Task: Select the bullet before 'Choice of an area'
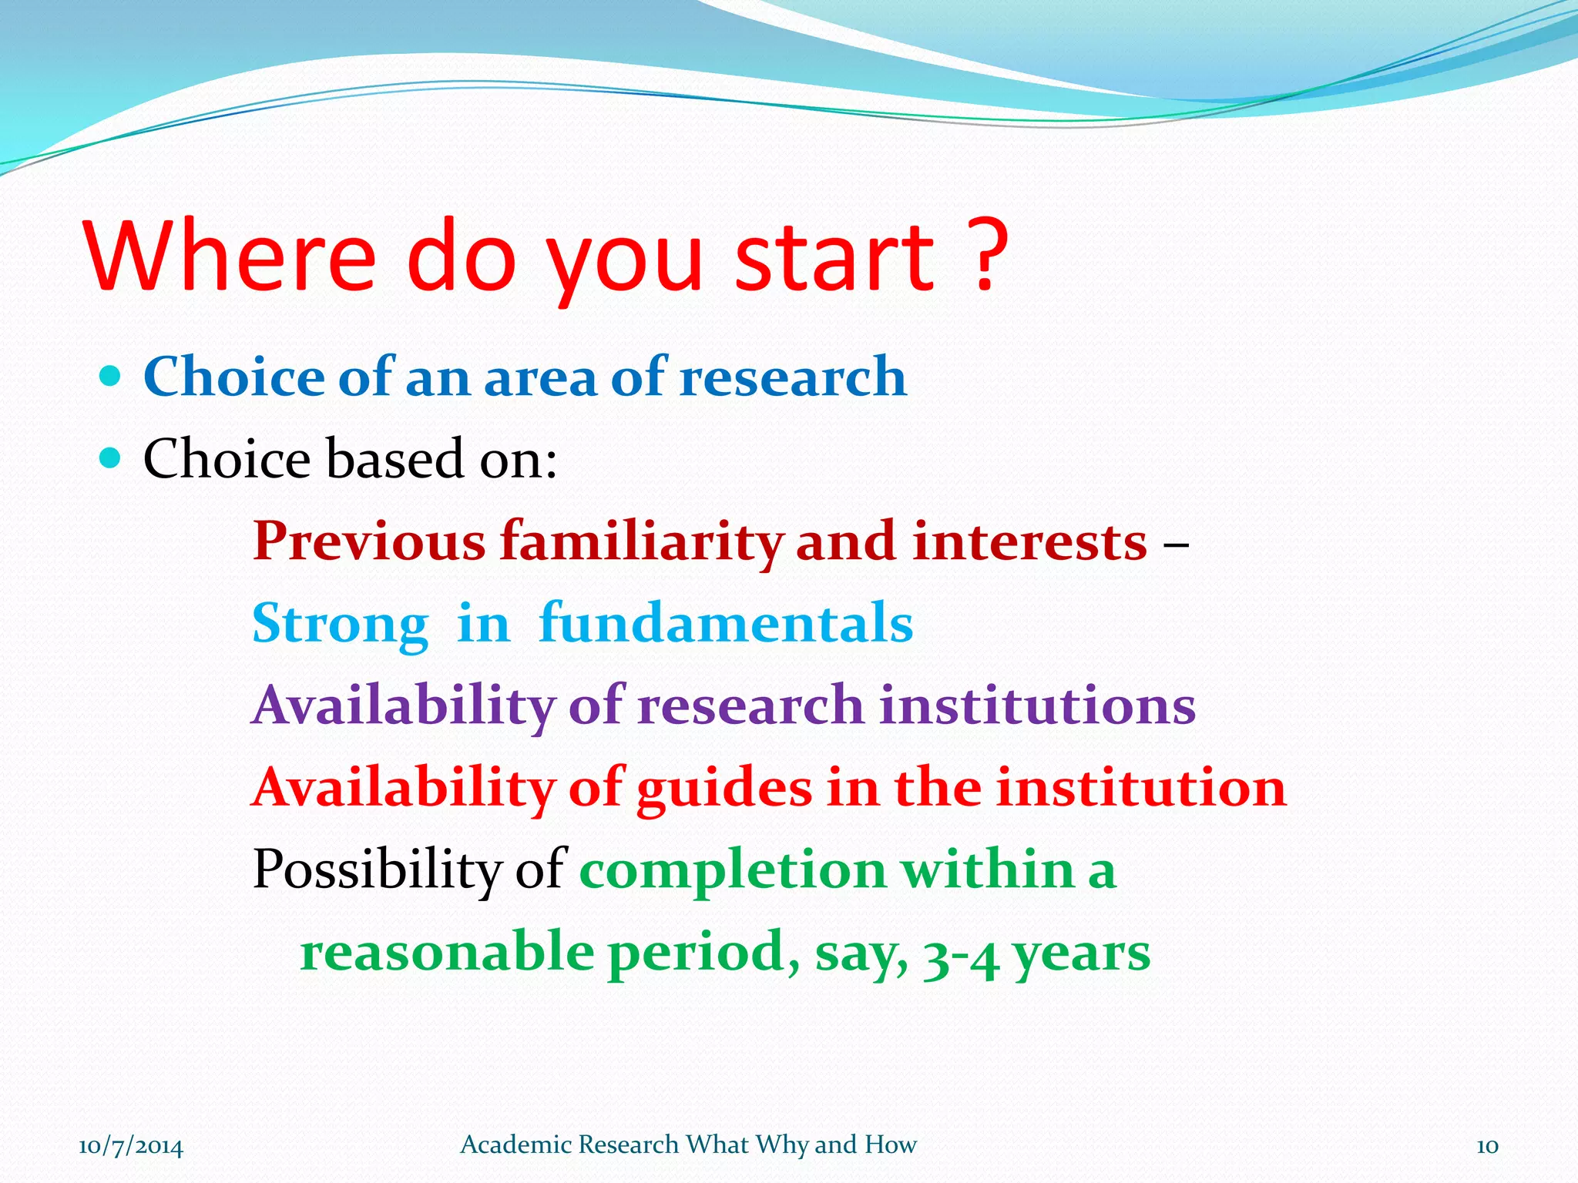click(111, 376)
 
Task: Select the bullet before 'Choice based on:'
click(111, 458)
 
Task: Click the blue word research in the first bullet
click(793, 377)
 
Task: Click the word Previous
click(369, 541)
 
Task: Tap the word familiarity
click(641, 542)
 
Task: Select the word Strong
click(340, 624)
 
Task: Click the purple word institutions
click(1037, 705)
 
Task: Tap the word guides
click(724, 789)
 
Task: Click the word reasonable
click(447, 952)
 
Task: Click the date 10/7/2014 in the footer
click(131, 1146)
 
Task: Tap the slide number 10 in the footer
click(1487, 1146)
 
